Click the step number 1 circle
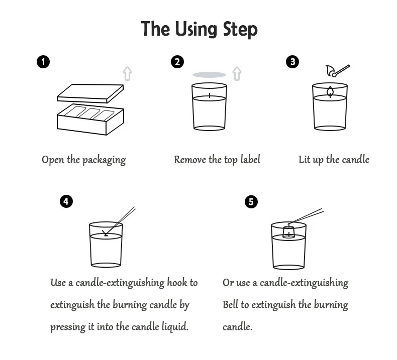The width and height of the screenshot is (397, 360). point(43,62)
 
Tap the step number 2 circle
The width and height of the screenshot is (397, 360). point(177,62)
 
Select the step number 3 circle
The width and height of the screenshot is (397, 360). point(292,62)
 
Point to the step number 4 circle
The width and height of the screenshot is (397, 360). point(66,201)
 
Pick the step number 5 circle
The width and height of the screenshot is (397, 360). point(251,202)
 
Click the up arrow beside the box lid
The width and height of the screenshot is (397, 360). point(127,73)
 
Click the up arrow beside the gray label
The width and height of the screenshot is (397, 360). point(237,73)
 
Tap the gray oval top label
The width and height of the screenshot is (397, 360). point(209,75)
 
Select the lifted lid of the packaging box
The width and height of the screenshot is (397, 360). point(90,93)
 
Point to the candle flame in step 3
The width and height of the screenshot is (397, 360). point(330,91)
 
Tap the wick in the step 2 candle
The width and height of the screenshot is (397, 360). point(210,95)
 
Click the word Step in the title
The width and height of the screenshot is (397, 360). point(240,29)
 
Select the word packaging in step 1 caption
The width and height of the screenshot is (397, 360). point(104,160)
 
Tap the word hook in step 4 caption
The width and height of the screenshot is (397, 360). point(177,282)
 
